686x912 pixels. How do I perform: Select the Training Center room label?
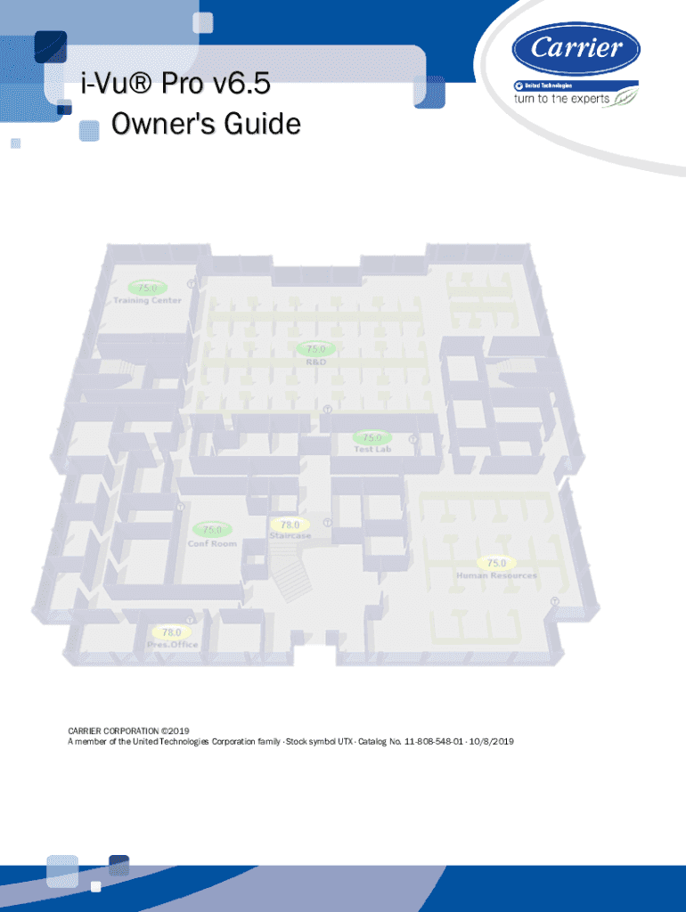click(x=147, y=300)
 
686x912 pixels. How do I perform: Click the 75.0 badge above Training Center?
click(x=147, y=288)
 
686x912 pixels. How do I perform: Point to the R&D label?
click(x=316, y=362)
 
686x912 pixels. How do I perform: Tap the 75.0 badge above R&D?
click(x=316, y=348)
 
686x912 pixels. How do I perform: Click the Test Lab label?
click(x=372, y=449)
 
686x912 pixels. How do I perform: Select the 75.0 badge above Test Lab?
click(x=372, y=437)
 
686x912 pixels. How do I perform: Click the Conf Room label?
click(x=212, y=543)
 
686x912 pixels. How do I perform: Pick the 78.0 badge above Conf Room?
click(x=212, y=530)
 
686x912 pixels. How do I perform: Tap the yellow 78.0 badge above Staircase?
click(x=290, y=525)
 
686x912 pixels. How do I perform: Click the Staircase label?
click(x=290, y=536)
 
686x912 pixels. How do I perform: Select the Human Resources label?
click(x=496, y=575)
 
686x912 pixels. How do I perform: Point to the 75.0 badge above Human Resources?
click(x=496, y=563)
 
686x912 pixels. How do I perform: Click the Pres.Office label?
click(x=173, y=644)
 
